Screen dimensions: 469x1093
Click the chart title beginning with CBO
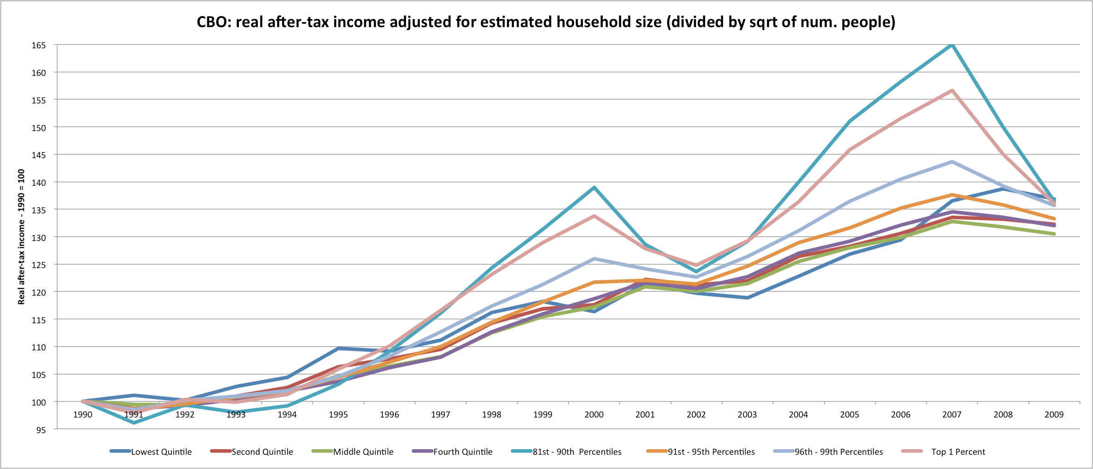click(546, 22)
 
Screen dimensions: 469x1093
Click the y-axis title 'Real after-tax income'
click(21, 237)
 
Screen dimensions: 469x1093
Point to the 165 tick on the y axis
click(39, 45)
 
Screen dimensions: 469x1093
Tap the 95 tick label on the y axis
click(41, 430)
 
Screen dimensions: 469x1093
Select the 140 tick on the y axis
click(39, 183)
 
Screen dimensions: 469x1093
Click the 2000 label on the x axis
click(594, 415)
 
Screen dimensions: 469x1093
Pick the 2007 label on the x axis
click(951, 415)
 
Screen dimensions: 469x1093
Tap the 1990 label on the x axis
click(83, 415)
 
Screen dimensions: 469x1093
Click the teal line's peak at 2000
click(594, 188)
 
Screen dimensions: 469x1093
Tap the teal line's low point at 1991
click(134, 423)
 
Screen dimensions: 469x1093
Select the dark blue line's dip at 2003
click(748, 298)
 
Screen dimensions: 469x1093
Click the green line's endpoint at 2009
click(1054, 234)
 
